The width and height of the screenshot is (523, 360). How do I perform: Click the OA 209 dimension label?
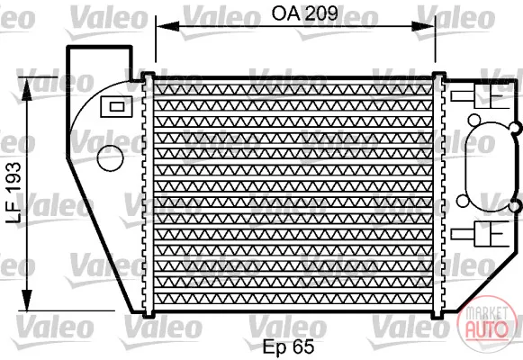point(304,13)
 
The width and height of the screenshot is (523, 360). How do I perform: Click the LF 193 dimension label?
point(14,193)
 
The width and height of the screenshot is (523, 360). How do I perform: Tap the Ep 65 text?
point(289,346)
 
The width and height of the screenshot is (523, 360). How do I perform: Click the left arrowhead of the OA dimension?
point(167,26)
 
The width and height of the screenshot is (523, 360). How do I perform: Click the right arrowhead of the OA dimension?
point(423,26)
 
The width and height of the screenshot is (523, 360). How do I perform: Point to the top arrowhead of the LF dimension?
point(27,89)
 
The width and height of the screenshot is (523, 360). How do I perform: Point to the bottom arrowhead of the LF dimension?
point(27,300)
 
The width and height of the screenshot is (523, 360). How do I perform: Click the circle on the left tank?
point(110,158)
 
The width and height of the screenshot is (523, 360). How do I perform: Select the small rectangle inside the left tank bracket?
point(117,107)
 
